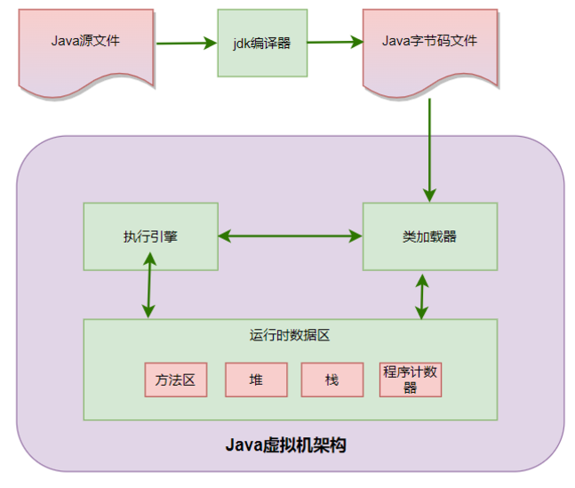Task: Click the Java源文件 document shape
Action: [86, 43]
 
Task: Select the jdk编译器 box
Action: [262, 43]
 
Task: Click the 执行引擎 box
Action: [150, 236]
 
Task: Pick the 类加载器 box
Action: [429, 236]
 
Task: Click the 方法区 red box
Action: [175, 380]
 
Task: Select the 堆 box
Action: [256, 380]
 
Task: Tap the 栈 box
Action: [332, 380]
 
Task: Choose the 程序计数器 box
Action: [410, 380]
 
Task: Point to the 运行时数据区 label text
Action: [290, 335]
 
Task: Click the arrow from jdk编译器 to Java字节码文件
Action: [335, 42]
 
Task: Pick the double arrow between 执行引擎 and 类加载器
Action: [290, 236]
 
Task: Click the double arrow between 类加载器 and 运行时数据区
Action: [422, 295]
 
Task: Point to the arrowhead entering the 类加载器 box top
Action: [429, 195]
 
